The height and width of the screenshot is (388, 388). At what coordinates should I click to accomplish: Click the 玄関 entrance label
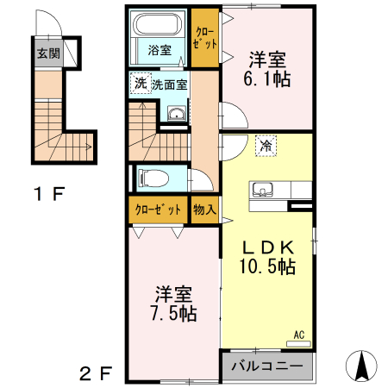(x=47, y=53)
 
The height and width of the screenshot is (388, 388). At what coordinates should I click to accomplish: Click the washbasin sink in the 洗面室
(x=176, y=115)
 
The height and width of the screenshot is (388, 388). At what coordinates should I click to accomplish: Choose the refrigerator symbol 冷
(x=266, y=146)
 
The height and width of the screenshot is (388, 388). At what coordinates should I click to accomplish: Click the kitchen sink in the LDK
(x=262, y=190)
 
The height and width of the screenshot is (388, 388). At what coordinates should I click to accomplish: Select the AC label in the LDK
(x=299, y=335)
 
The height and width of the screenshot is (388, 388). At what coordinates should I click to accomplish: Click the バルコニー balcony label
(x=267, y=366)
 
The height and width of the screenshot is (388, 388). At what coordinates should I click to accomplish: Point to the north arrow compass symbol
(x=362, y=366)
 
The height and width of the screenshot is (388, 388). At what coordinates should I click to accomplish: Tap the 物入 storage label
(x=204, y=210)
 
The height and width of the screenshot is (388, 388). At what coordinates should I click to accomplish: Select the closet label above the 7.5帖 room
(x=159, y=210)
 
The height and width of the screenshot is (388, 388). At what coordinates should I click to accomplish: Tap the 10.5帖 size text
(x=267, y=266)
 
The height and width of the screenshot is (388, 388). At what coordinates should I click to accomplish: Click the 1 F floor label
(x=49, y=193)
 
